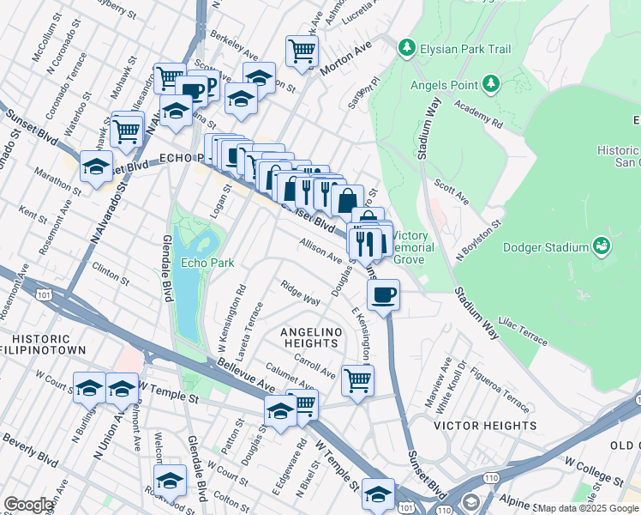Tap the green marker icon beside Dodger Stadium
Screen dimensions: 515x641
603,247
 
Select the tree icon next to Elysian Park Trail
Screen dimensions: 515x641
407,49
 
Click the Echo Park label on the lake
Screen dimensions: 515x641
201,262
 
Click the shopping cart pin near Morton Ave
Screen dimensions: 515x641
302,51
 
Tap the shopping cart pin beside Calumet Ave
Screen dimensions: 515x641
357,379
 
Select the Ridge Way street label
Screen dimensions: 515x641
301,292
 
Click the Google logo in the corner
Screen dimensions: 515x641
28,505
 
